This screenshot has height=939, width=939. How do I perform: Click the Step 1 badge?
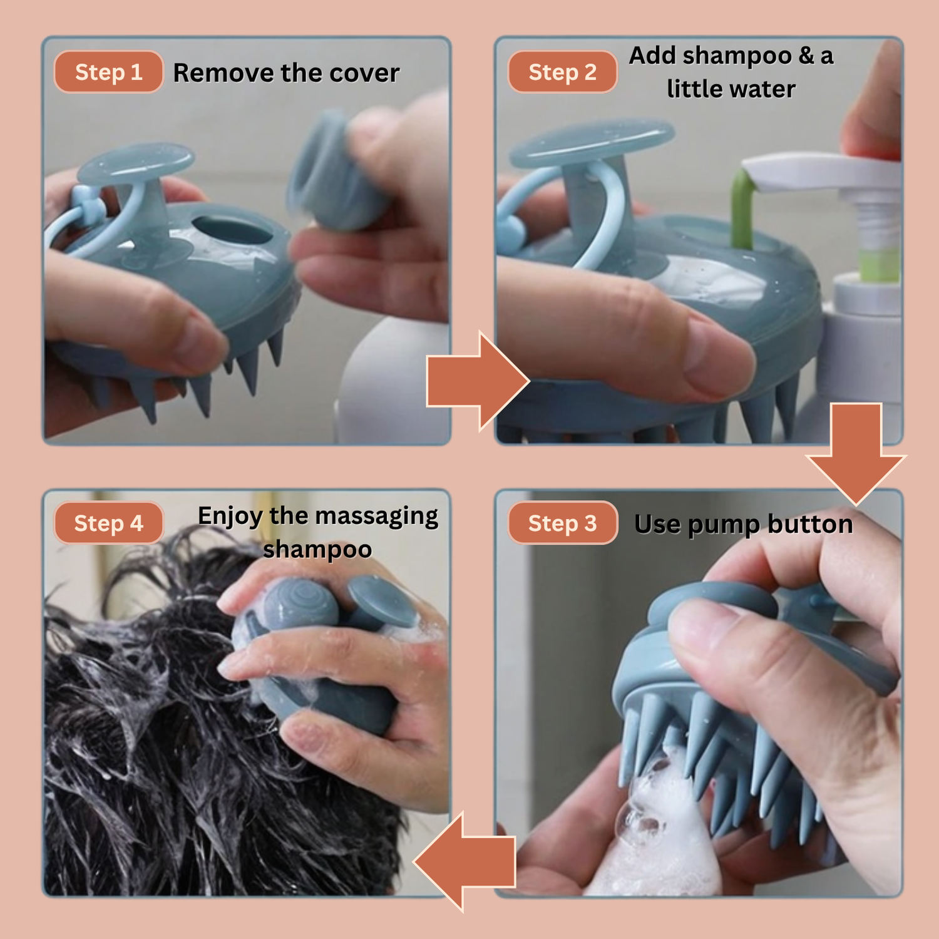coord(108,72)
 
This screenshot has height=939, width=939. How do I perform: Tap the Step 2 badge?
coord(562,72)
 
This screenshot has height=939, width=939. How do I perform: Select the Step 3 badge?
coord(562,523)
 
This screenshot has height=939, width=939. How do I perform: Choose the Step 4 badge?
coord(108,523)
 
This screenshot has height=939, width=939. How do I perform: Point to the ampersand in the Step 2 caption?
coord(806,56)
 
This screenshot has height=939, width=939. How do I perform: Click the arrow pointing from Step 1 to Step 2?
coord(478,381)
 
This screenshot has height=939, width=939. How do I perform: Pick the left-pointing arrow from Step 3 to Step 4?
coord(464,862)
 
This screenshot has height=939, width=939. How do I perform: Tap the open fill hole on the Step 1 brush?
coord(232,230)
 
